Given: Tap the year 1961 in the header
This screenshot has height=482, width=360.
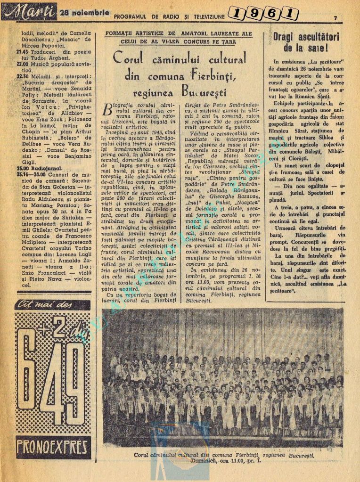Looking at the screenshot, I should coord(263,14).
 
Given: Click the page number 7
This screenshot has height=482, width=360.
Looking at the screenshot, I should coord(335,17).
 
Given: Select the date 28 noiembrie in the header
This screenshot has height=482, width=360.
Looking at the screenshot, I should coord(85,13).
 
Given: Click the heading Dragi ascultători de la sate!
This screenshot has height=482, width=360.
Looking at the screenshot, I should coord(306,42).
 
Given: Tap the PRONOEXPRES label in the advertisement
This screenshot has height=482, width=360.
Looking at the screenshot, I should coord(53,446).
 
